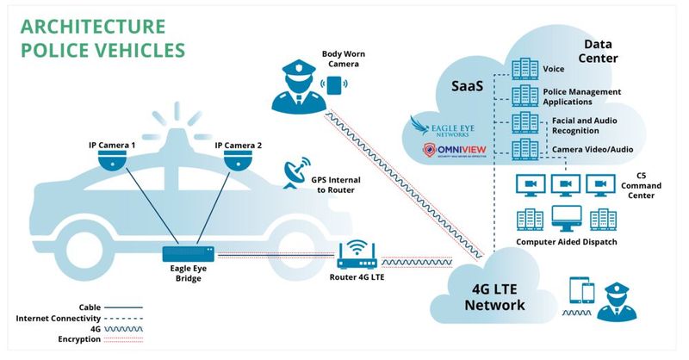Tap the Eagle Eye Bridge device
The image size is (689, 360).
[x=188, y=253]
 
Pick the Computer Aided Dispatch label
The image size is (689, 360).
[x=566, y=242]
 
